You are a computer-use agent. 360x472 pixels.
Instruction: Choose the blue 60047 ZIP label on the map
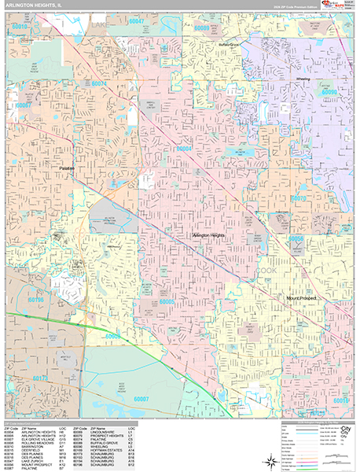tap(137, 21)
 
